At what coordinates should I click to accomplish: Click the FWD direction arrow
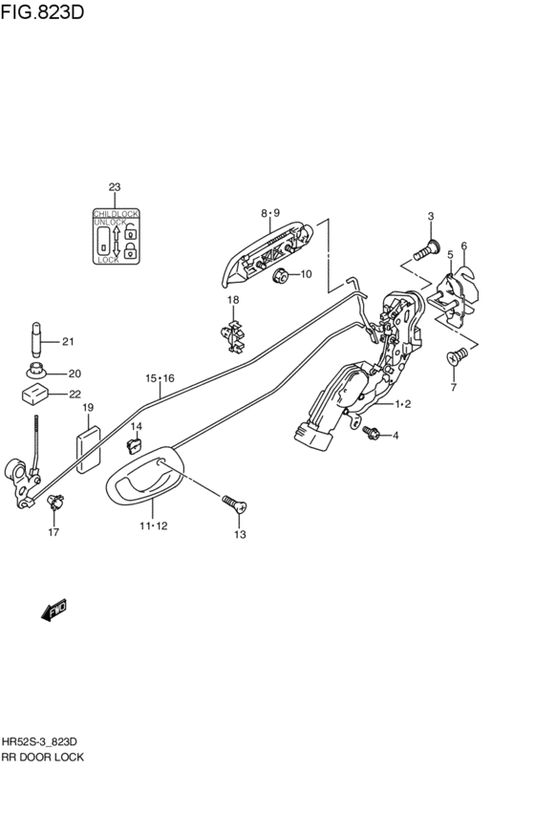point(53,610)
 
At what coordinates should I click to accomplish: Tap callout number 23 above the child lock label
point(115,187)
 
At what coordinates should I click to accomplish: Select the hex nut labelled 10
point(281,274)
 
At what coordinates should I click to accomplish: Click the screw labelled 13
point(234,503)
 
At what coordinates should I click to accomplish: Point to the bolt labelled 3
point(427,250)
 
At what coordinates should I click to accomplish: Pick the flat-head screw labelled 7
point(457,356)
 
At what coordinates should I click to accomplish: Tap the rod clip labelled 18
point(233,336)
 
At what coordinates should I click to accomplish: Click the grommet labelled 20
point(37,372)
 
